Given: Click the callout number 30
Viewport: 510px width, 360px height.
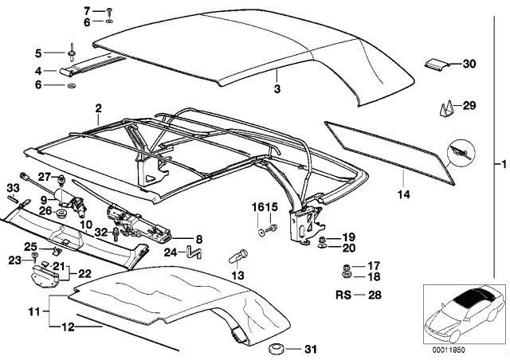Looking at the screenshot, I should [x=469, y=63].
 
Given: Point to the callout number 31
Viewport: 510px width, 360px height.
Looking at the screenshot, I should [x=311, y=349].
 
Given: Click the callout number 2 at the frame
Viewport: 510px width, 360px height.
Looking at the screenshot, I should [x=98, y=107].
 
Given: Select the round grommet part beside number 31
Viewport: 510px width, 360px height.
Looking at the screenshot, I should [x=277, y=348].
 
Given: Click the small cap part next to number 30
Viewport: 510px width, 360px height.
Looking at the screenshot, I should [x=434, y=65].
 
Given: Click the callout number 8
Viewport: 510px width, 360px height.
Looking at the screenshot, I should [x=198, y=238].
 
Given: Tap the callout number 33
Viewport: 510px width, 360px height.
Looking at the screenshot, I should [x=12, y=187].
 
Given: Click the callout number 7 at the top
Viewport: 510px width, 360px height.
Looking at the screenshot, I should [x=87, y=11].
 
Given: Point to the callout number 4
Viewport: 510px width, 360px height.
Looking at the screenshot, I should [x=37, y=70].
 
